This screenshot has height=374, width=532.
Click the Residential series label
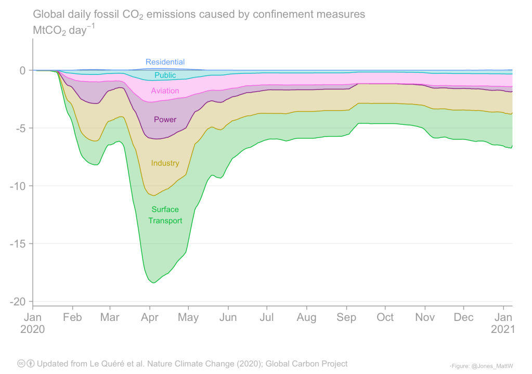tap(165, 62)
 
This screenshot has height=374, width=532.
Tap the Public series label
tap(165, 75)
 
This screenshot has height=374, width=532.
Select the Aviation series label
tap(165, 91)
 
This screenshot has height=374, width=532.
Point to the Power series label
tap(165, 120)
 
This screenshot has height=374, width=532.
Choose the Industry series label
tap(165, 163)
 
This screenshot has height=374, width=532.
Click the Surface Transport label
tap(165, 215)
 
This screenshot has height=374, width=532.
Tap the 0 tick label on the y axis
tap(22, 70)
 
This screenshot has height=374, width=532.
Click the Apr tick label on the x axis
tap(150, 317)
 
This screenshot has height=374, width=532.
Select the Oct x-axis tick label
tap(385, 317)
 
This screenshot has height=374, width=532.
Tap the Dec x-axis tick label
tap(464, 317)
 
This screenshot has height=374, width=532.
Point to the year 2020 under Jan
tap(33, 329)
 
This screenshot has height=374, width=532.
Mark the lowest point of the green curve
tap(153, 282)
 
